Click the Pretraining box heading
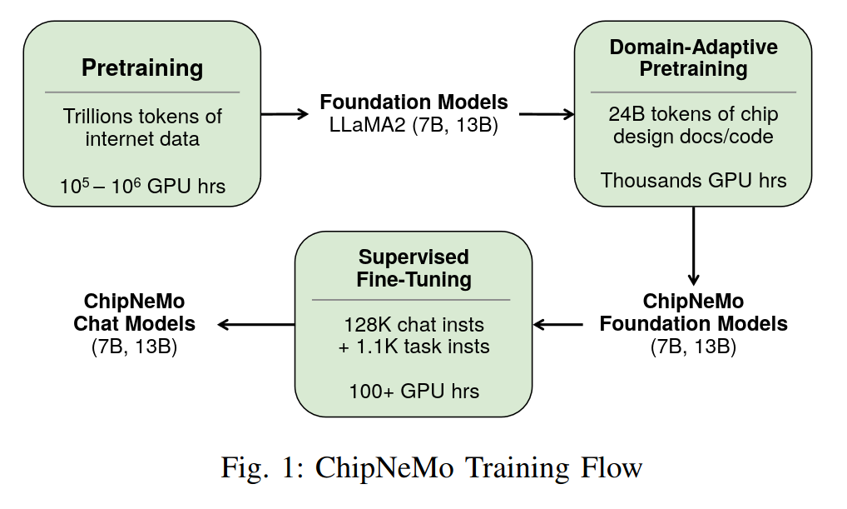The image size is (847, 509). click(142, 67)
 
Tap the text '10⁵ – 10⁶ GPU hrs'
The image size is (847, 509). click(142, 186)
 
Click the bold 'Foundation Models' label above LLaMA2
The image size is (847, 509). click(414, 102)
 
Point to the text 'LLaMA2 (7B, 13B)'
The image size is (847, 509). click(414, 126)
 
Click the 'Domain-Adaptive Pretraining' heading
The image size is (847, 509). click(693, 57)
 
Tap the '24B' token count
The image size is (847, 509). click(624, 114)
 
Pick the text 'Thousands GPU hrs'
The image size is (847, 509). click(693, 180)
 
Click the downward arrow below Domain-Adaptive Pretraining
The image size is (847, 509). click(693, 246)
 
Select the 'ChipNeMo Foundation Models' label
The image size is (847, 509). click(693, 312)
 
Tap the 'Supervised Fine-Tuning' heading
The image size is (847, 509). click(414, 267)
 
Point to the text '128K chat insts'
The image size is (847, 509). click(414, 324)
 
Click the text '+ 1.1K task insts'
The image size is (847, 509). click(414, 347)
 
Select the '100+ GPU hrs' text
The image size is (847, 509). click(414, 390)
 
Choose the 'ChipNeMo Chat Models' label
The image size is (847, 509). click(134, 312)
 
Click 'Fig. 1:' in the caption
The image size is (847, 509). click(256, 467)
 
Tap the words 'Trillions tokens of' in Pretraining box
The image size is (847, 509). click(142, 116)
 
